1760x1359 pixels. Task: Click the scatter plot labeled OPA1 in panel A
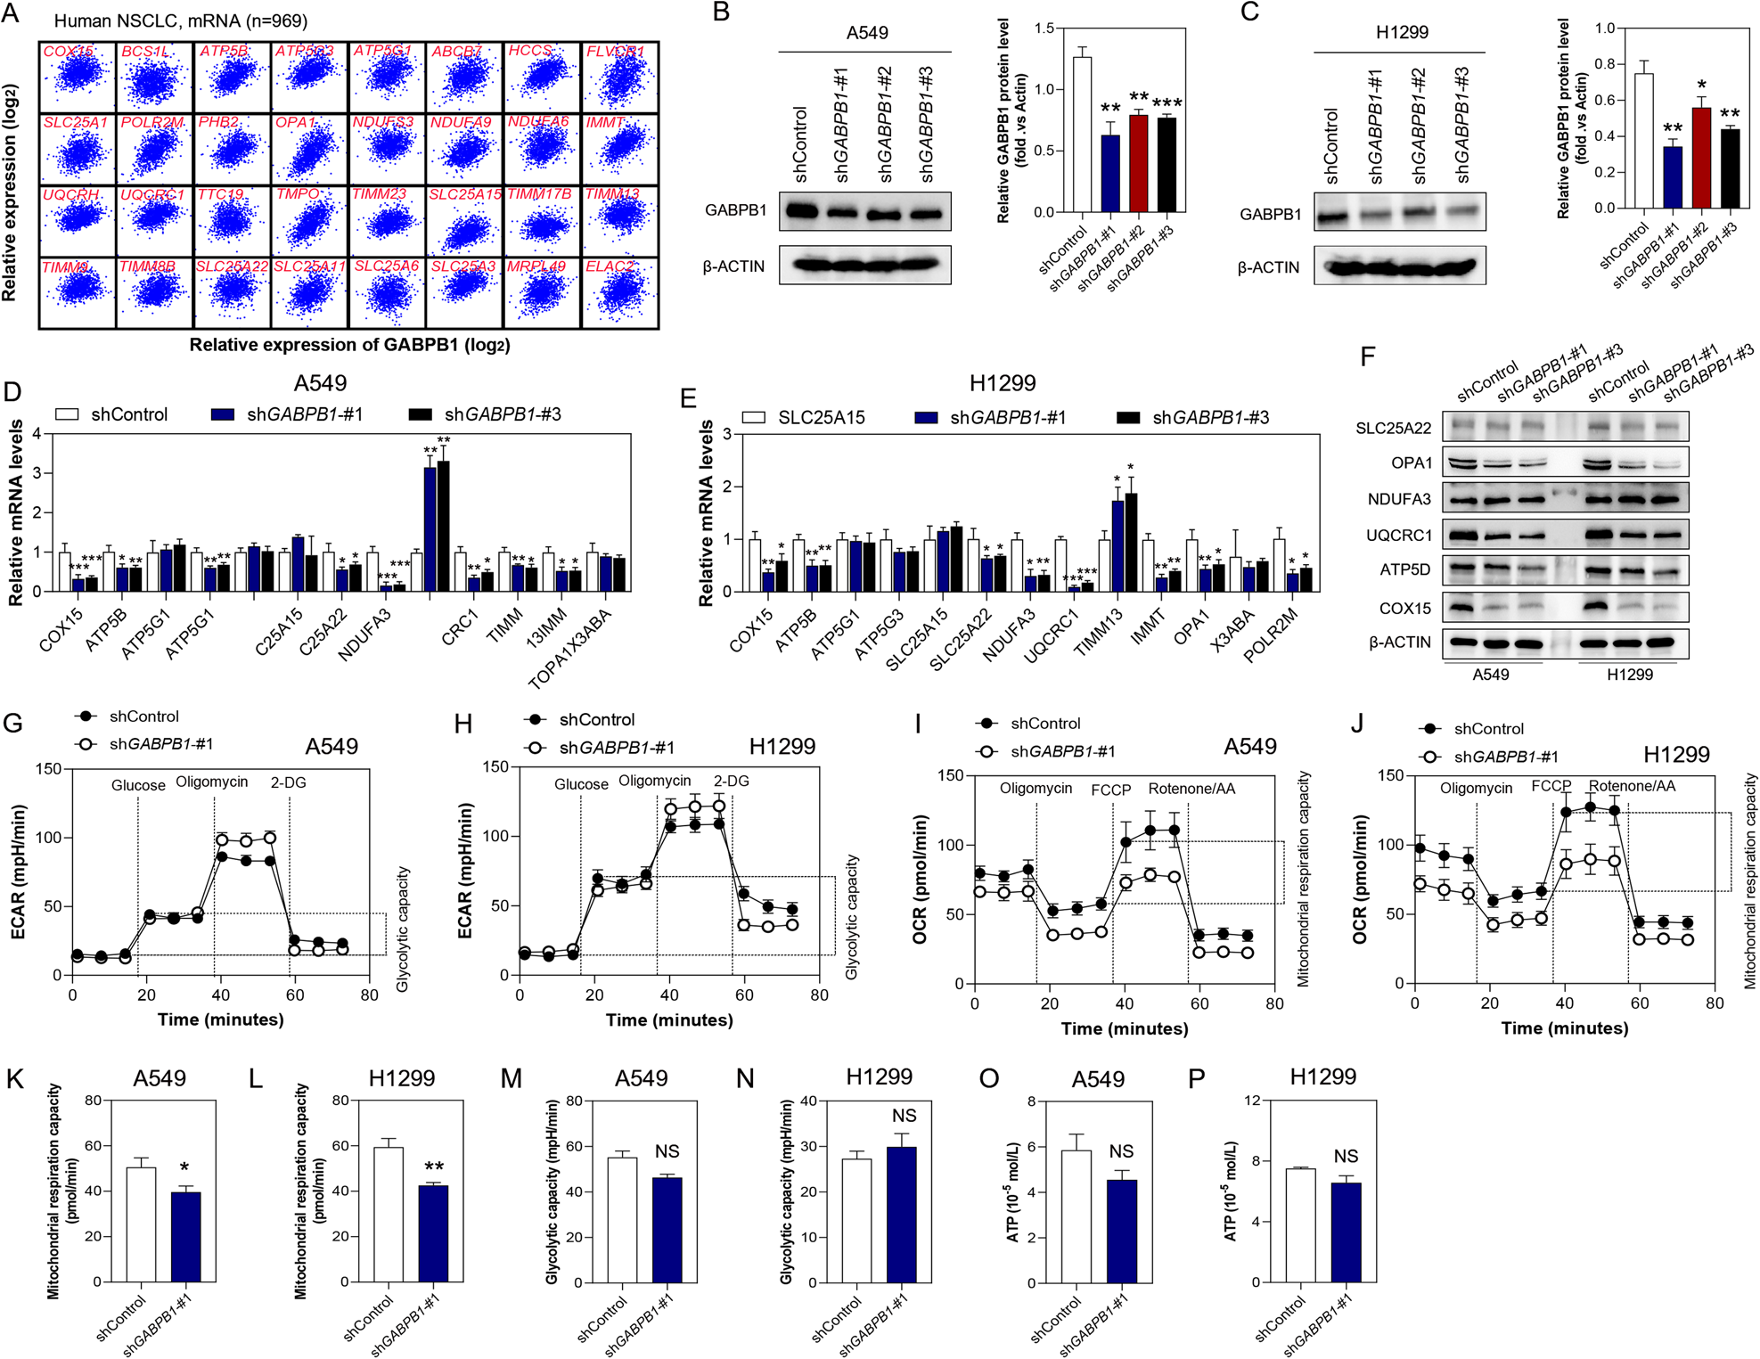click(x=309, y=149)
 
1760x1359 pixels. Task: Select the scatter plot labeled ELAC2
click(x=621, y=292)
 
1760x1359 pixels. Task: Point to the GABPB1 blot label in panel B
click(x=735, y=210)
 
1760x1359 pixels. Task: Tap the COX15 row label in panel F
click(x=1404, y=609)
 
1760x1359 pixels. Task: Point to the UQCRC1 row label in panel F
click(x=1398, y=536)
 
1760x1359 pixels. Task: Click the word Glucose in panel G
click(x=138, y=785)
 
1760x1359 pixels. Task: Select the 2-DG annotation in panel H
click(x=731, y=781)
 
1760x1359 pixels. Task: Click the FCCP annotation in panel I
click(x=1110, y=790)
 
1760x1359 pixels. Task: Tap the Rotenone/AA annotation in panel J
click(x=1632, y=786)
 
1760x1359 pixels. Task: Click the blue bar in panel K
click(x=185, y=1236)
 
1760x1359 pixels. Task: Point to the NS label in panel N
click(x=904, y=1116)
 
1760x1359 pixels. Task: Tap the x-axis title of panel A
click(x=349, y=345)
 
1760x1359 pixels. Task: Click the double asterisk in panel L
click(x=434, y=1167)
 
